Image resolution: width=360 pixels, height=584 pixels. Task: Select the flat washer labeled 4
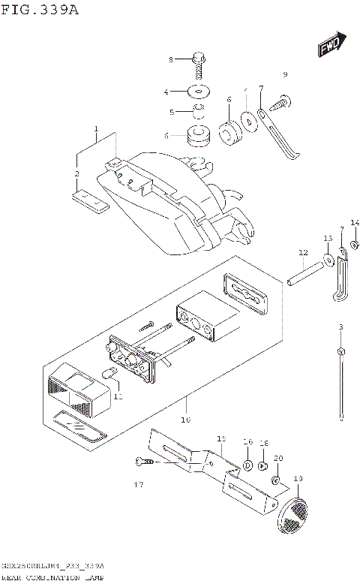[x=199, y=92]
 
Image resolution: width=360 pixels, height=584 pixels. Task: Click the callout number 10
[x=186, y=419]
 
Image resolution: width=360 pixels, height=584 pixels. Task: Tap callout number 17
[x=138, y=485]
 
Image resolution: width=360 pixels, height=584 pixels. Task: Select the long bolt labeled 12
[x=307, y=270]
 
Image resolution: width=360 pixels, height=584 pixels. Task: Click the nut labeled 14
[x=355, y=243]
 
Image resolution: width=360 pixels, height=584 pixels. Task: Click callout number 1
[x=97, y=129]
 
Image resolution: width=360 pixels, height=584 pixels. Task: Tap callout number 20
[x=278, y=458]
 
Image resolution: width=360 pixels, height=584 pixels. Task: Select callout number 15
[x=221, y=438]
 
